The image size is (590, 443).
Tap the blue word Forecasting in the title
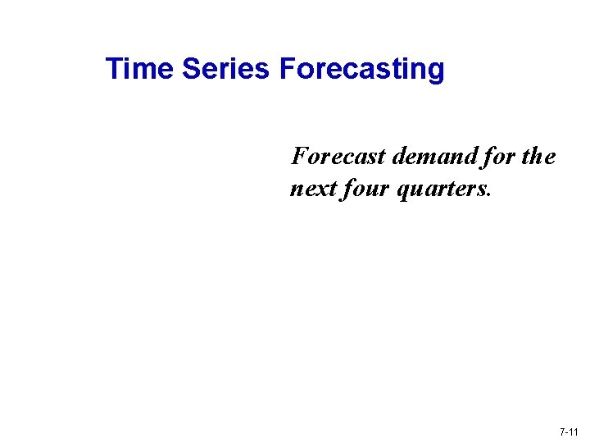[361, 69]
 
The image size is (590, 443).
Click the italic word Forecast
[338, 156]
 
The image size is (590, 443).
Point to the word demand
[431, 156]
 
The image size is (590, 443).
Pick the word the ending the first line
[538, 156]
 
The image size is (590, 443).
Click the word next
[311, 190]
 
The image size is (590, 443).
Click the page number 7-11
[569, 432]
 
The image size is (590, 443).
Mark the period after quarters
[489, 196]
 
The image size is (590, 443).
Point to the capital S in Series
[191, 69]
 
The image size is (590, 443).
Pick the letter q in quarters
[402, 192]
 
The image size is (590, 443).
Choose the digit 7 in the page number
[562, 432]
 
